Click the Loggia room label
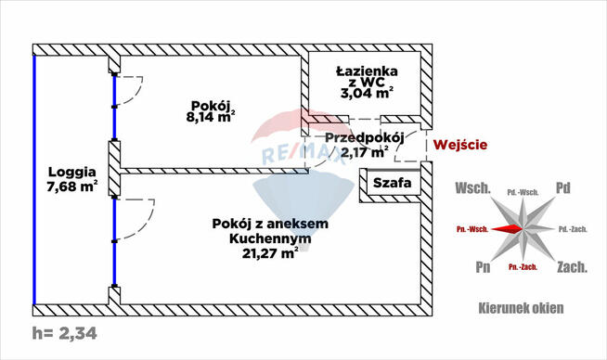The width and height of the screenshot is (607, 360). (75, 171)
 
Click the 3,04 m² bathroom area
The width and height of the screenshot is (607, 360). (369, 93)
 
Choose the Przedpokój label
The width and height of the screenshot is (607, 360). (364, 137)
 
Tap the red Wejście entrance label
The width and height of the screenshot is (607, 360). (461, 144)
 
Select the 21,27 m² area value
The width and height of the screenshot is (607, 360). (269, 253)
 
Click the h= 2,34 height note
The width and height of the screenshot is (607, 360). (64, 332)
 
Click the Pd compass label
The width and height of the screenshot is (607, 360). (562, 188)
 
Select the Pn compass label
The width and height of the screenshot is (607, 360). (481, 268)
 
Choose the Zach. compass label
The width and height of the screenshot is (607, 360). (570, 267)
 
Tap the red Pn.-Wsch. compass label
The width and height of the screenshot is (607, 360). (473, 228)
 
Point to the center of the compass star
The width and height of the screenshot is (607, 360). (522, 227)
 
